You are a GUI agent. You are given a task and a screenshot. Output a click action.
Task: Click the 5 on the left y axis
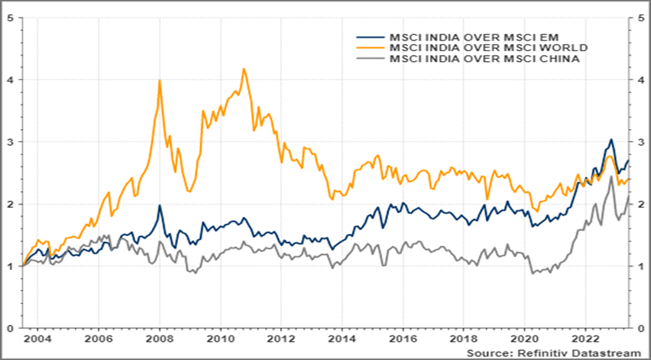[9, 17]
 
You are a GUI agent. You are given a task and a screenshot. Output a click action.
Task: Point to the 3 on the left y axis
[9, 141]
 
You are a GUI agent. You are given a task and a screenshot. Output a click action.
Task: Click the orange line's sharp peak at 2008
[159, 80]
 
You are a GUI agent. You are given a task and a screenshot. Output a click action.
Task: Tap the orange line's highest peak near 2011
[244, 69]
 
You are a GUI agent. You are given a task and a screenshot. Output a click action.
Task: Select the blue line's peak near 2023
[611, 139]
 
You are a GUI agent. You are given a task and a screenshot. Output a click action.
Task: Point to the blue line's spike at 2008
[159, 205]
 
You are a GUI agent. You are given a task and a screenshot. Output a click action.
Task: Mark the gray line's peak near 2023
[611, 177]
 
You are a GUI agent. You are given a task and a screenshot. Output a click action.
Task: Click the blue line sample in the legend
[371, 36]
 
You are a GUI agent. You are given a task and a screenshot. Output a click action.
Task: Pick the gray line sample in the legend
[371, 59]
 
